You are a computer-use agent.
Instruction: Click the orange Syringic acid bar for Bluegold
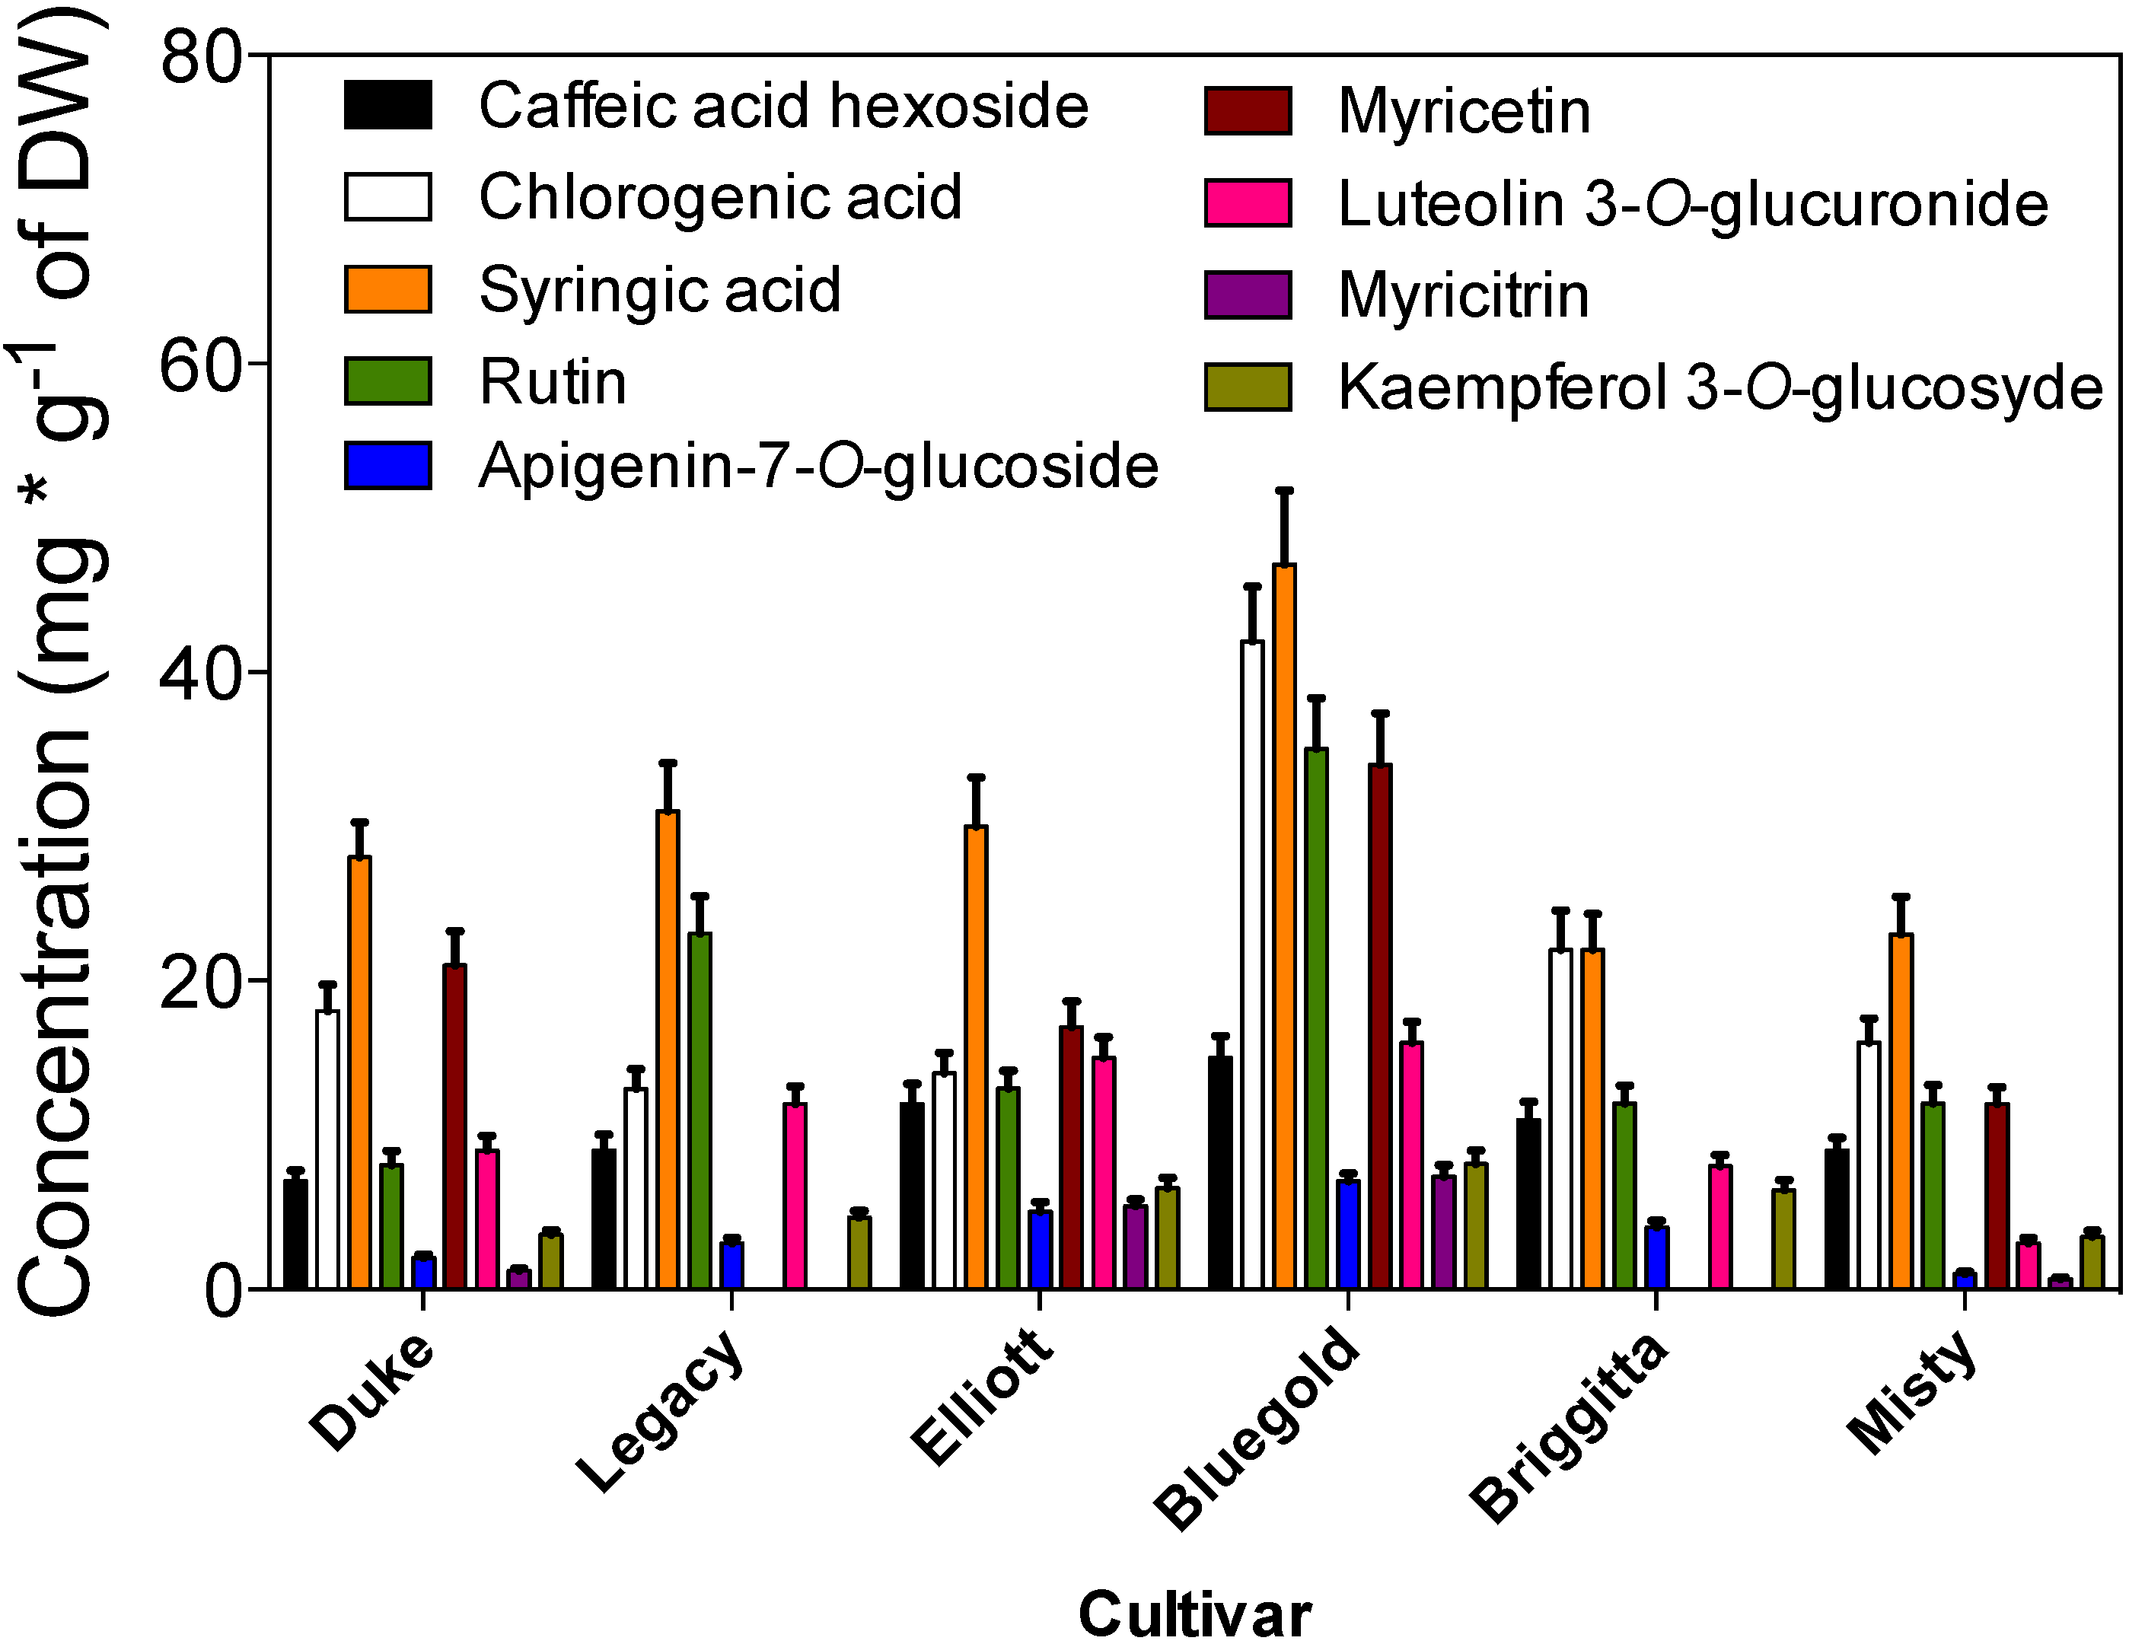click(x=1284, y=926)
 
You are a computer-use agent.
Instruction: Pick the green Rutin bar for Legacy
click(x=699, y=1111)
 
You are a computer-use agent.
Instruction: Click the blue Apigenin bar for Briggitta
click(x=1656, y=1257)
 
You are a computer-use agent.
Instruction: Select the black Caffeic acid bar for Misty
click(x=1837, y=1218)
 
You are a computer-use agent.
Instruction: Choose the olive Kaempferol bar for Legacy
click(x=859, y=1252)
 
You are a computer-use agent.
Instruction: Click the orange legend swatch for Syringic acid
click(x=388, y=289)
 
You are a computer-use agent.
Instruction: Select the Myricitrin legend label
click(x=1463, y=295)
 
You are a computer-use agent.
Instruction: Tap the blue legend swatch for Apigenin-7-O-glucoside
click(x=388, y=465)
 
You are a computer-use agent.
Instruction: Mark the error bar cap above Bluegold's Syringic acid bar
click(x=1284, y=490)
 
